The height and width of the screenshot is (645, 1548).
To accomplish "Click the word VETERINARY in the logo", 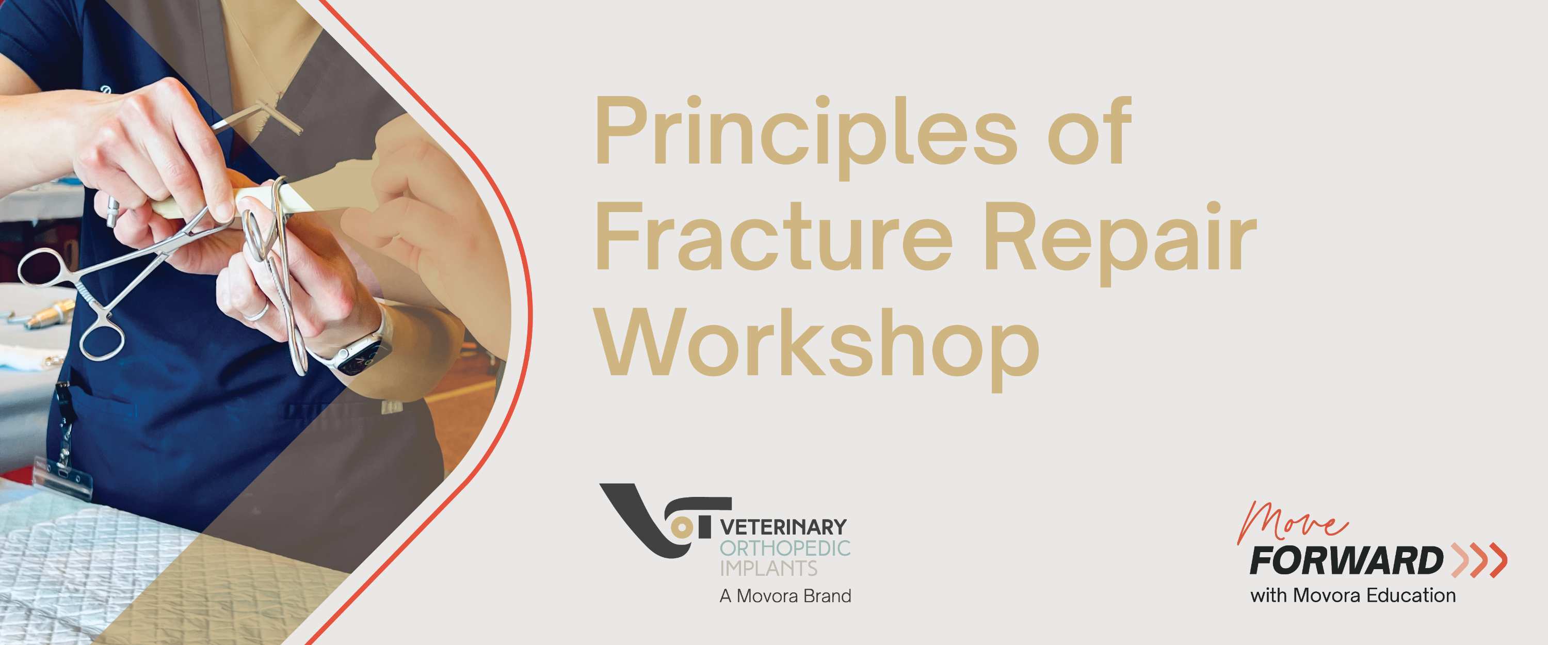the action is [783, 528].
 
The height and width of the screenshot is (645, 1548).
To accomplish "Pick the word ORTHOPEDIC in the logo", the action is [785, 548].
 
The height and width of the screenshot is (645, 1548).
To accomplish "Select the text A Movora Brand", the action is [785, 596].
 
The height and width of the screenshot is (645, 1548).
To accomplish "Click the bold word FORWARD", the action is [1346, 561].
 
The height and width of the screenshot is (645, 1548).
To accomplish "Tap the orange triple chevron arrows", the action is [1478, 560].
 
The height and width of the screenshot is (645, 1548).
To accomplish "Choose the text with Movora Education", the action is [1353, 595].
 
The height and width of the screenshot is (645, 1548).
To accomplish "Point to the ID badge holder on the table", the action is [63, 478].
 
